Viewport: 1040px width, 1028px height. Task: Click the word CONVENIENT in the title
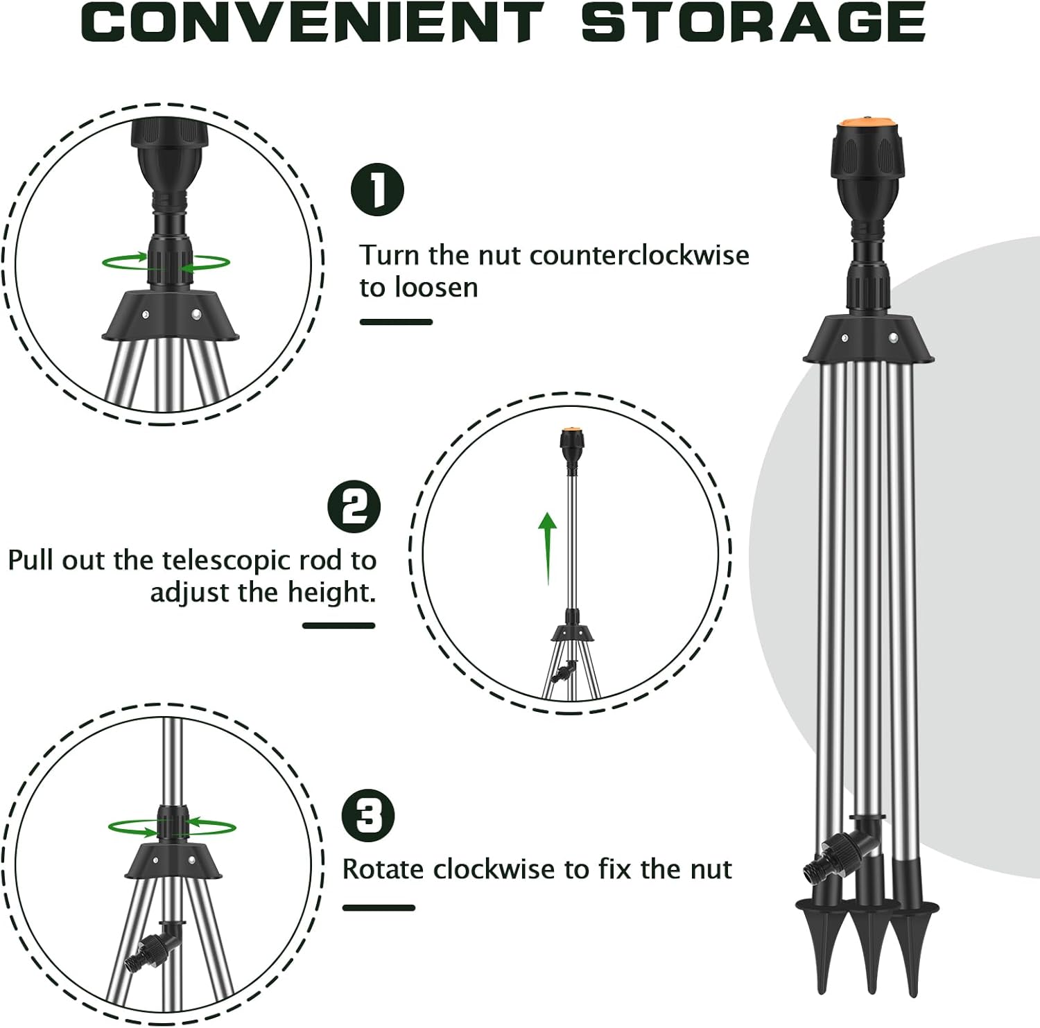[x=313, y=22]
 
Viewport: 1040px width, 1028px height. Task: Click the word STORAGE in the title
[x=753, y=22]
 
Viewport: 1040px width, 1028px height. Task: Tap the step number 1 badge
[x=377, y=189]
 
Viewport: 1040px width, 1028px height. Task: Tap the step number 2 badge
[x=354, y=507]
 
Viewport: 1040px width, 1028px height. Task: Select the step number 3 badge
[x=368, y=815]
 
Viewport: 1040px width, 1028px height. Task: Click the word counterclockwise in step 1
[x=639, y=255]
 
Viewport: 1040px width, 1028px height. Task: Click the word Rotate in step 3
[x=383, y=869]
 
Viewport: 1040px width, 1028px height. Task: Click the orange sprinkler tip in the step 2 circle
[x=571, y=430]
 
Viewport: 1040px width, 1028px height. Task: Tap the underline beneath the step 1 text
[x=396, y=322]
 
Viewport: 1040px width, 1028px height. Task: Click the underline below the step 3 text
[x=379, y=907]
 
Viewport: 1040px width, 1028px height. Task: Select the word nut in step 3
[x=712, y=869]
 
